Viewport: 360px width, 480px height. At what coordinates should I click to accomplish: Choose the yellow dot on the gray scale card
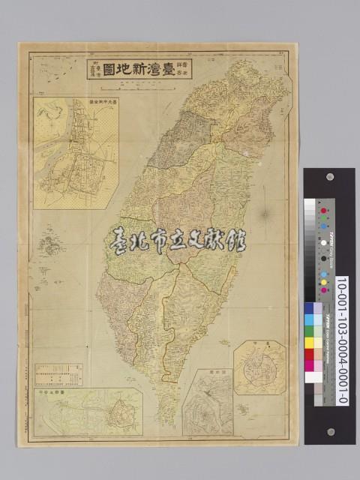coord(324,282)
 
